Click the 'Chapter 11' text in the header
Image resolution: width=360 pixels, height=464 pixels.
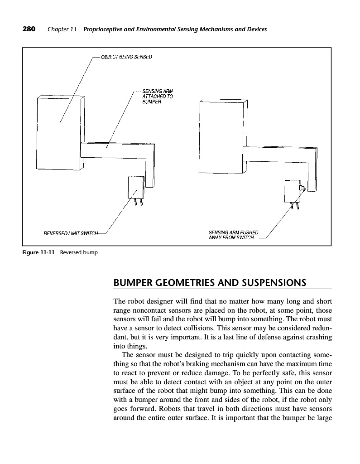(x=62, y=29)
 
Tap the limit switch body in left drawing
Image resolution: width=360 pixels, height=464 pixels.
(x=135, y=187)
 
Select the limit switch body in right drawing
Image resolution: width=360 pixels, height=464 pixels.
(x=290, y=190)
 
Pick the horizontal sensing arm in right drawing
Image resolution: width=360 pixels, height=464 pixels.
(x=276, y=154)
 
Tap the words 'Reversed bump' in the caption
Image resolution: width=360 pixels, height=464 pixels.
(x=79, y=252)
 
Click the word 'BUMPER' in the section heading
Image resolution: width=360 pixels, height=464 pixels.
(x=138, y=283)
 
